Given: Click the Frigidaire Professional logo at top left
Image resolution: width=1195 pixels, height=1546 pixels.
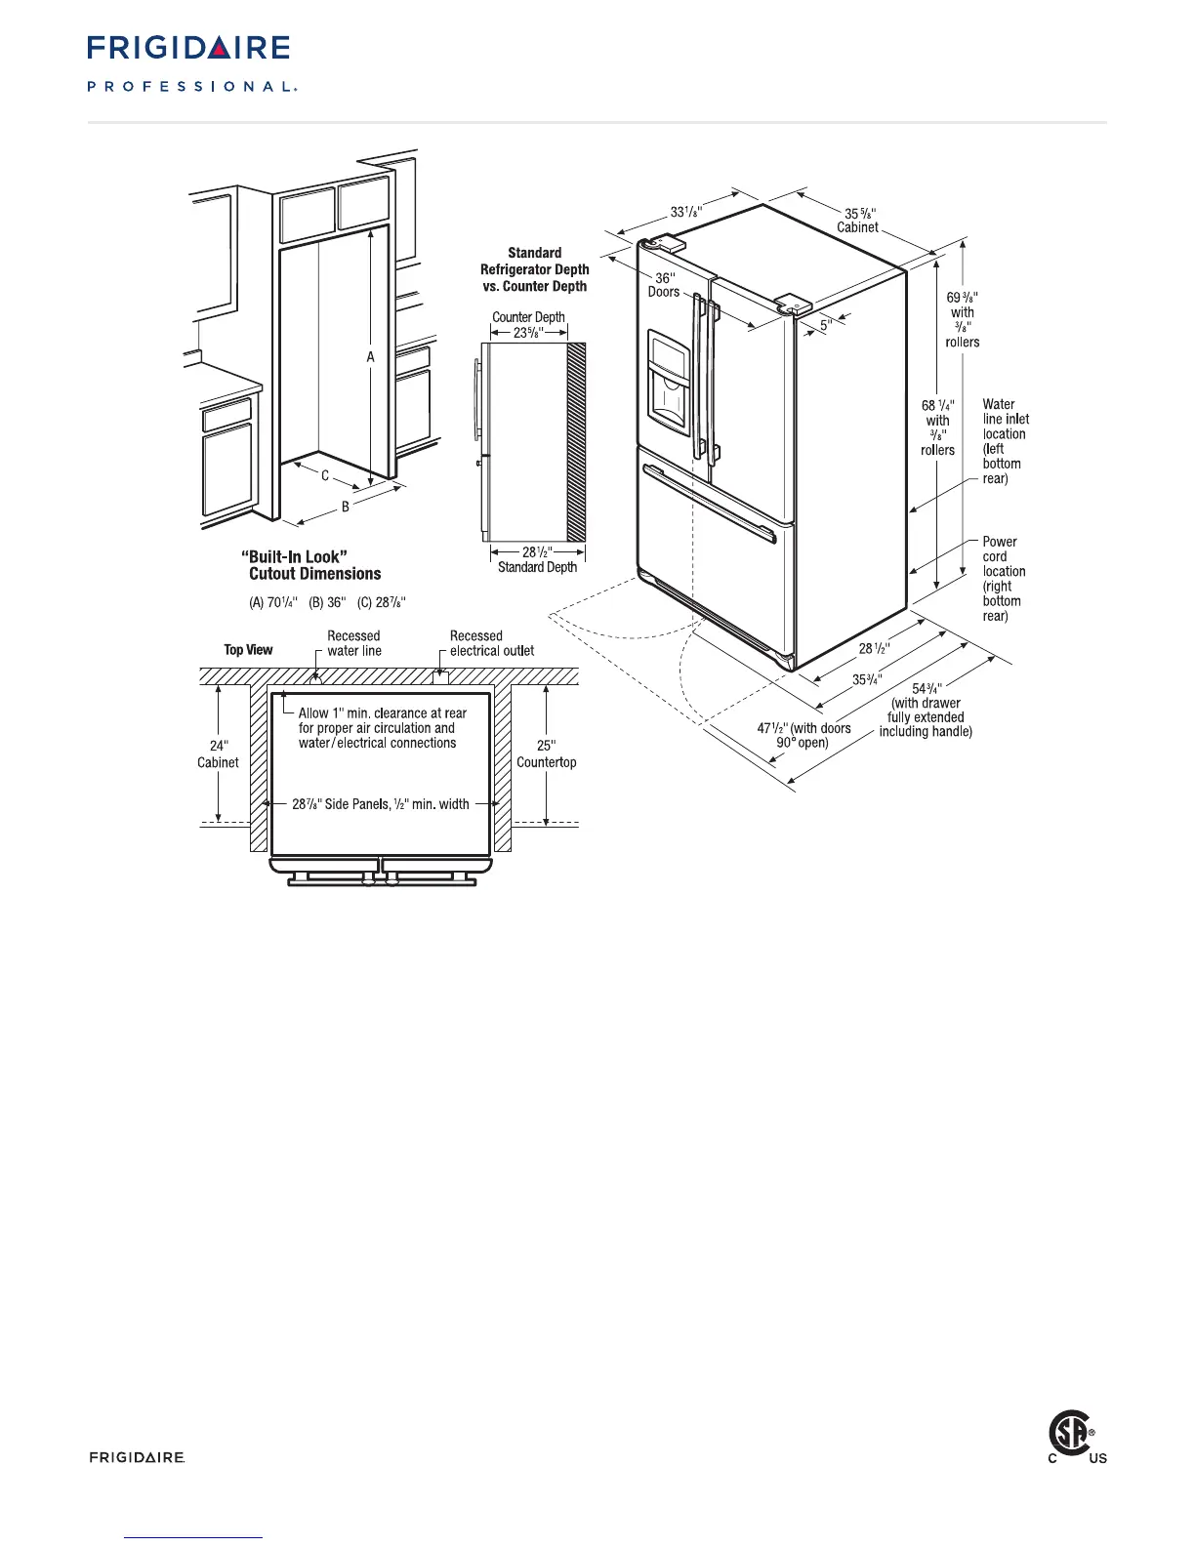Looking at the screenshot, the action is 191,63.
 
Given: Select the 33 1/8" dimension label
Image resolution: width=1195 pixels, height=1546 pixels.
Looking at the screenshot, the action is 686,212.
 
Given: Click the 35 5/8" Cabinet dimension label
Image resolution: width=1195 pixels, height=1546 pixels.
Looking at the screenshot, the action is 859,220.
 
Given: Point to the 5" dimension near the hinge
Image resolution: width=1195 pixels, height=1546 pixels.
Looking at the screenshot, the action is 825,326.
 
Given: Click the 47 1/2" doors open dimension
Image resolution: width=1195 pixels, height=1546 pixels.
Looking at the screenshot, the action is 804,735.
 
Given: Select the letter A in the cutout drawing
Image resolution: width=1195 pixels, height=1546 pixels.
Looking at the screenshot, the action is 370,357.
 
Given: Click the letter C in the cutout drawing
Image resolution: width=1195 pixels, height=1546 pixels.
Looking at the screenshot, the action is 325,476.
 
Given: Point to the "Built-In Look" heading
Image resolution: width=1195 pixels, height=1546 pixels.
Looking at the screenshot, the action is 294,557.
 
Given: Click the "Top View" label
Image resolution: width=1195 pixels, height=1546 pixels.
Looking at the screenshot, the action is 248,650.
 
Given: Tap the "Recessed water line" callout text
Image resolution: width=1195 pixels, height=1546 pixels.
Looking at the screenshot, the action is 353,643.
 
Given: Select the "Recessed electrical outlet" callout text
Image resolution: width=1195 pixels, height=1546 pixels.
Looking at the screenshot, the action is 491,643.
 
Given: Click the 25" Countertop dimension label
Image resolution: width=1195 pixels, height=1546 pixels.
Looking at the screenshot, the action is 546,753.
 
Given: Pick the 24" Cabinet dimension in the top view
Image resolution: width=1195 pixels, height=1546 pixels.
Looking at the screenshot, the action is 218,753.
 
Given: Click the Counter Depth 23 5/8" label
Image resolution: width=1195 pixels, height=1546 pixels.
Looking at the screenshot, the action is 528,325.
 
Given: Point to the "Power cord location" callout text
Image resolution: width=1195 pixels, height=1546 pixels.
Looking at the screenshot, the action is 1004,578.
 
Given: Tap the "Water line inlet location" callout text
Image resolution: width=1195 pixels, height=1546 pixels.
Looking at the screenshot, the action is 1005,441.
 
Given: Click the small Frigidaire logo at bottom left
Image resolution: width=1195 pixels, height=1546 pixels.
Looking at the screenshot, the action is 137,1457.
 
